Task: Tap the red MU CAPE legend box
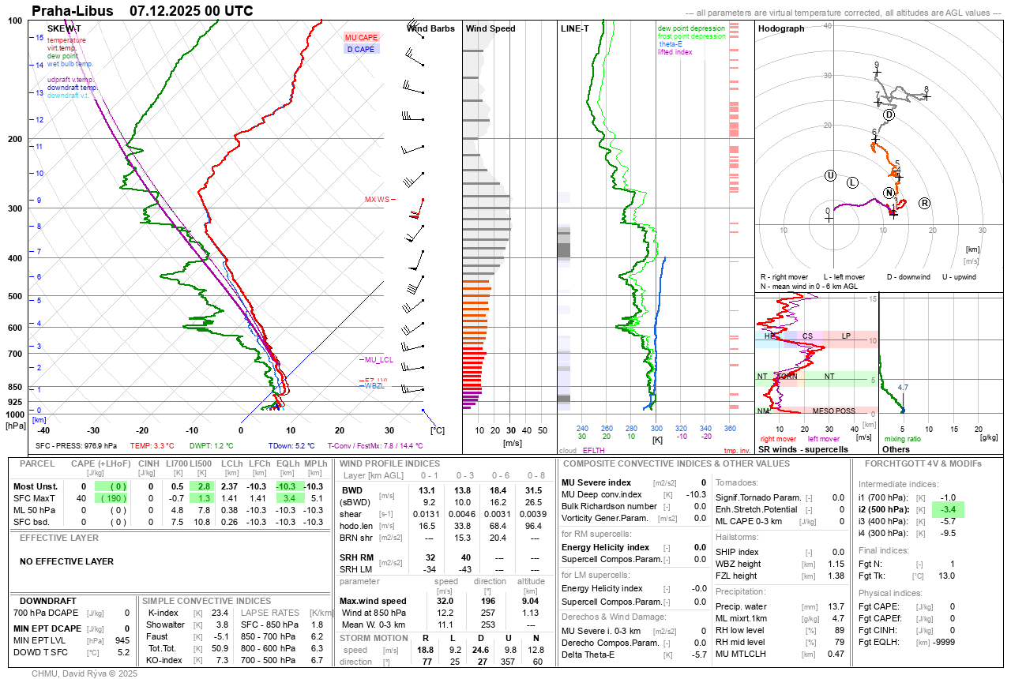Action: point(362,38)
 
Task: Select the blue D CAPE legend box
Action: point(362,50)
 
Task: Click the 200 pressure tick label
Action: point(14,139)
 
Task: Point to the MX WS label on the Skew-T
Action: point(377,200)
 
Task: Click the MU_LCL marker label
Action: point(378,360)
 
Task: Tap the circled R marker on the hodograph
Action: point(924,204)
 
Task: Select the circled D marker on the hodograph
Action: point(889,115)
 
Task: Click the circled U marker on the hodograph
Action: point(830,175)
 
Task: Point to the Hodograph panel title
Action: point(780,29)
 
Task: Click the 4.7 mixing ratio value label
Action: point(903,388)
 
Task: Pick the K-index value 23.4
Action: point(220,613)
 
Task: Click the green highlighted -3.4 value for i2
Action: point(948,510)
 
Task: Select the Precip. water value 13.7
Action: point(836,606)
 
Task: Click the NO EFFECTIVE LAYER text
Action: point(66,562)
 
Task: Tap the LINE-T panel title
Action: point(574,29)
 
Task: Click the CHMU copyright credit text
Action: point(85,673)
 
